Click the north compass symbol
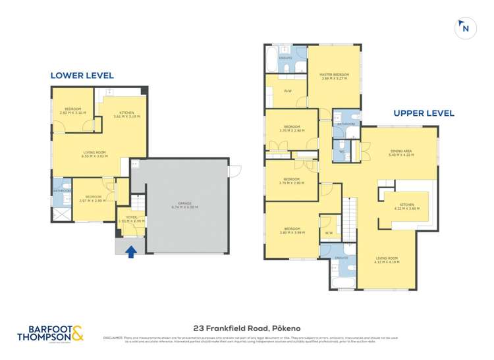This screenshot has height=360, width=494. (x=465, y=28)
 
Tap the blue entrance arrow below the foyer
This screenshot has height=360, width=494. (x=132, y=251)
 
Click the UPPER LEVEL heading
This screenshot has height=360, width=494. (x=424, y=113)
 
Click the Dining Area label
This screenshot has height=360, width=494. (x=400, y=153)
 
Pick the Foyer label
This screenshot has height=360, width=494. (x=130, y=219)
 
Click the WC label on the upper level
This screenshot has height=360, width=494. (x=343, y=151)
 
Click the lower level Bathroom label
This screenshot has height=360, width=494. (x=61, y=192)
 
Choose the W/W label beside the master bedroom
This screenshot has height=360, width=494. (x=287, y=91)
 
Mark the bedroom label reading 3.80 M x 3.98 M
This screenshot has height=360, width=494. (x=291, y=230)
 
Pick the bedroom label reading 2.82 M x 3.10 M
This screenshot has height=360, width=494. (x=72, y=111)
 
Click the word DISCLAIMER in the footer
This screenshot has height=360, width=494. (x=116, y=337)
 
